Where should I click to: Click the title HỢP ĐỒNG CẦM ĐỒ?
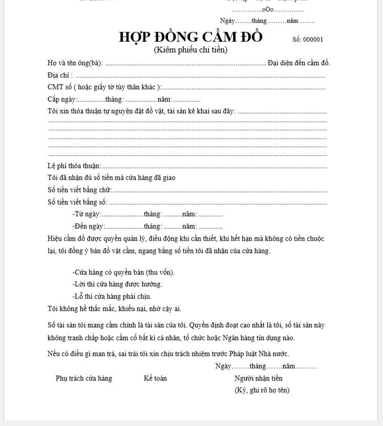[x=190, y=37]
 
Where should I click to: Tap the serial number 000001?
[x=313, y=39]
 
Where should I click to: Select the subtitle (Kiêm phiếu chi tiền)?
[x=190, y=50]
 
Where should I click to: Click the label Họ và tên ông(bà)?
[x=75, y=63]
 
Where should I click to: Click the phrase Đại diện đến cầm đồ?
[x=299, y=63]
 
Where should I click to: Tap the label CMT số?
[x=59, y=87]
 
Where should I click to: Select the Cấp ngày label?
[x=62, y=99]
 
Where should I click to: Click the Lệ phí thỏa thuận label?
[x=74, y=166]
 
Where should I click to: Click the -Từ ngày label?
[x=87, y=214]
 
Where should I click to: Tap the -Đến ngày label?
[x=89, y=226]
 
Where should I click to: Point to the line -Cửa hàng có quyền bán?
[x=123, y=272]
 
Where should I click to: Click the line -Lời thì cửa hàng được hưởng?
[x=117, y=284]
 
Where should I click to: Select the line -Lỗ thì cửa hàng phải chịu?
[x=112, y=296]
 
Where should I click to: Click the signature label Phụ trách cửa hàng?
[x=84, y=378]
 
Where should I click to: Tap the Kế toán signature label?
[x=155, y=378]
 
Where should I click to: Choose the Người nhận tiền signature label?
[x=258, y=378]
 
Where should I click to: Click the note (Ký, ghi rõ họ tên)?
[x=262, y=390]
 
